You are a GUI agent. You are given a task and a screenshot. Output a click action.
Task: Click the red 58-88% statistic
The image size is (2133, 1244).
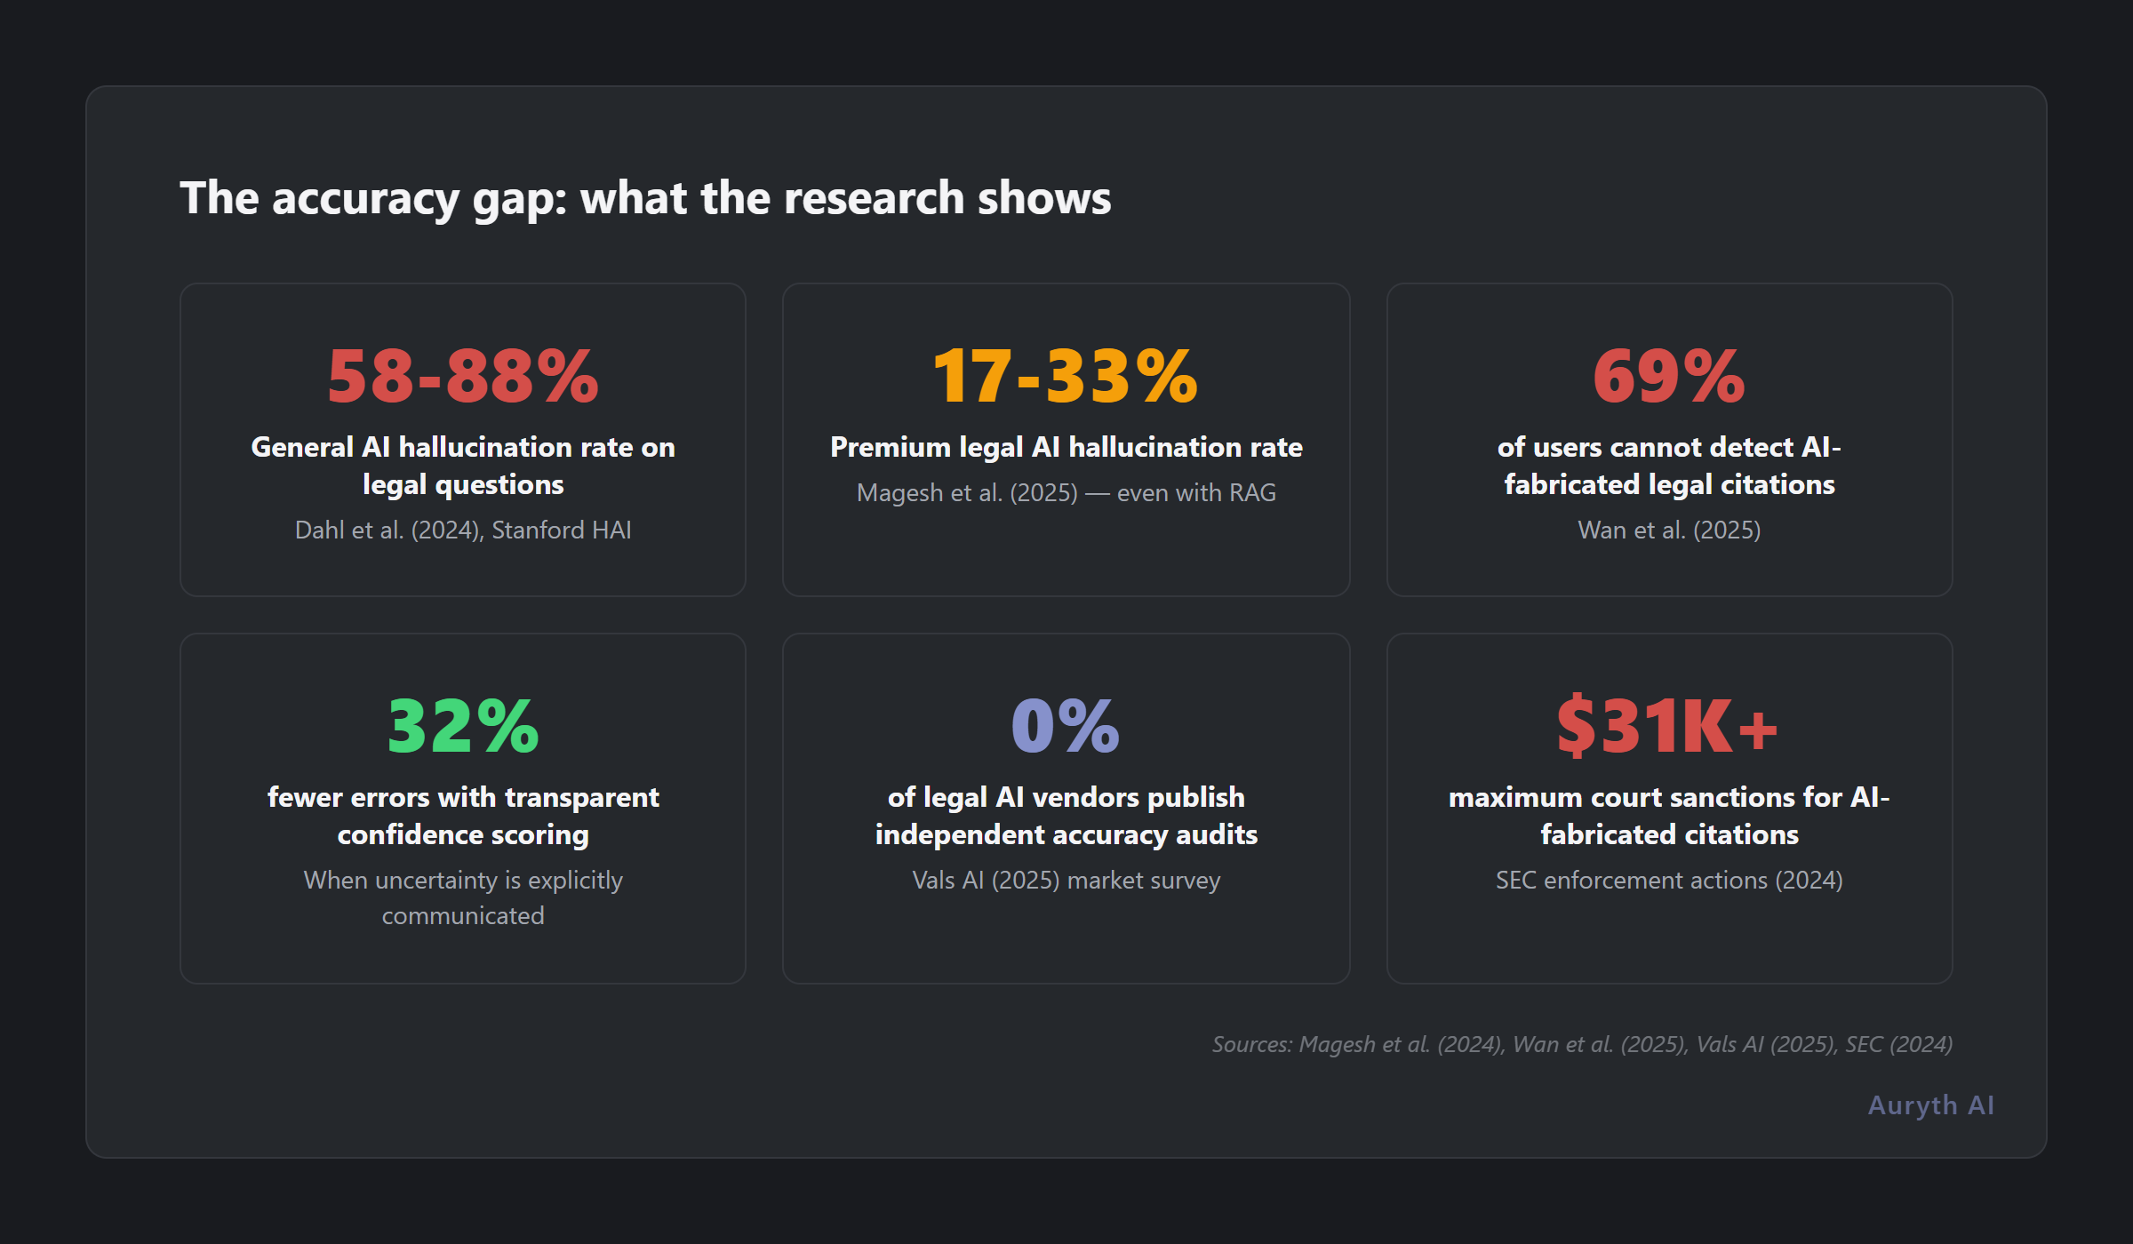point(462,377)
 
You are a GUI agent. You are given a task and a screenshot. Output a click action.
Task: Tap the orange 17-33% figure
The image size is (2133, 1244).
point(1065,377)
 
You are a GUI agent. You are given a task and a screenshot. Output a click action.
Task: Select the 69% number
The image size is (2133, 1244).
point(1668,377)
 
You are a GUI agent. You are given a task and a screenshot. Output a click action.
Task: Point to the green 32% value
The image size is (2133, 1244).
point(462,727)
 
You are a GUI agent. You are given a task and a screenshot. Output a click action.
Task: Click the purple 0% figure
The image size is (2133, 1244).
point(1065,727)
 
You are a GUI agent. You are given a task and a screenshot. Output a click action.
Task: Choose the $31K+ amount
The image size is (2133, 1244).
point(1667,727)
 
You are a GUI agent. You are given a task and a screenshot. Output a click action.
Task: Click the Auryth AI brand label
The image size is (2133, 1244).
point(1930,1104)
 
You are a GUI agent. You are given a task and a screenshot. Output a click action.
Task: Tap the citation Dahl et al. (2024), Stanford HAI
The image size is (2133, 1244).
point(462,530)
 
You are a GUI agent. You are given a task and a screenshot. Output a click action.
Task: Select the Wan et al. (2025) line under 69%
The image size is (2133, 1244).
point(1668,530)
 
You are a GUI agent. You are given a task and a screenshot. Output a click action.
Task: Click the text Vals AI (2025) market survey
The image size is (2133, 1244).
point(1066,880)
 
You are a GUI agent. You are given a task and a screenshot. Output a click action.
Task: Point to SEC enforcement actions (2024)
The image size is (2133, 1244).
point(1668,880)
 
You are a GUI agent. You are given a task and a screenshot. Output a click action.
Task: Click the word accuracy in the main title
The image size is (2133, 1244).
point(365,199)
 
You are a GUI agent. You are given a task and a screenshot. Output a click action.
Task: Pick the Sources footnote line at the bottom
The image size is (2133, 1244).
point(1582,1044)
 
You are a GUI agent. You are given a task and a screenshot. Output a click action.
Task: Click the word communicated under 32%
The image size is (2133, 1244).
point(462,915)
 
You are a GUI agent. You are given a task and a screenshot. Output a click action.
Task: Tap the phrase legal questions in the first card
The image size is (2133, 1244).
point(462,484)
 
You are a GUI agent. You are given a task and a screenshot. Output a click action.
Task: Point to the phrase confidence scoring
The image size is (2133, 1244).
point(462,834)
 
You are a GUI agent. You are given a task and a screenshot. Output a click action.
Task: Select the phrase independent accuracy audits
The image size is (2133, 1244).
point(1066,834)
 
